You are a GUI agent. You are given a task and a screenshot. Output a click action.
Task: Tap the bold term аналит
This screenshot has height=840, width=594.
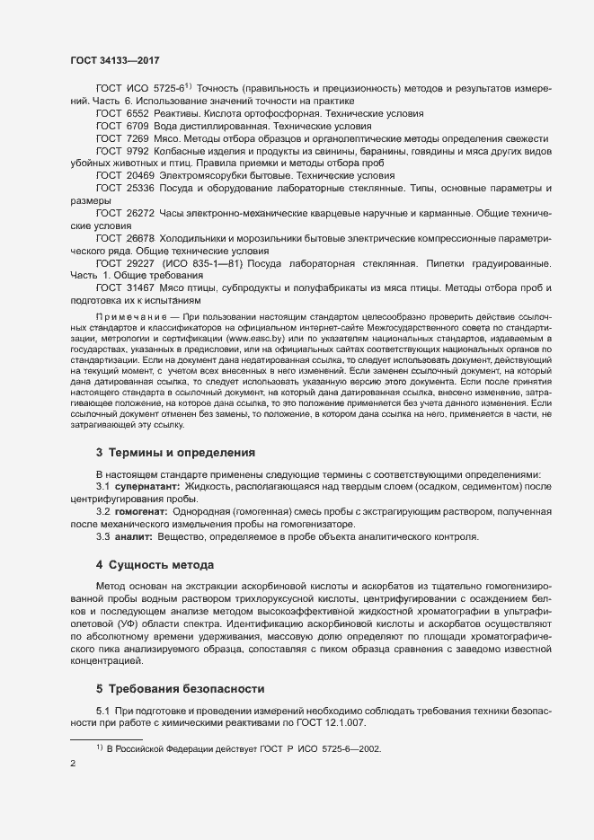pos(128,536)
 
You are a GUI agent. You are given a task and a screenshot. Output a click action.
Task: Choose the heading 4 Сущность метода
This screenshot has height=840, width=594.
pos(155,565)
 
